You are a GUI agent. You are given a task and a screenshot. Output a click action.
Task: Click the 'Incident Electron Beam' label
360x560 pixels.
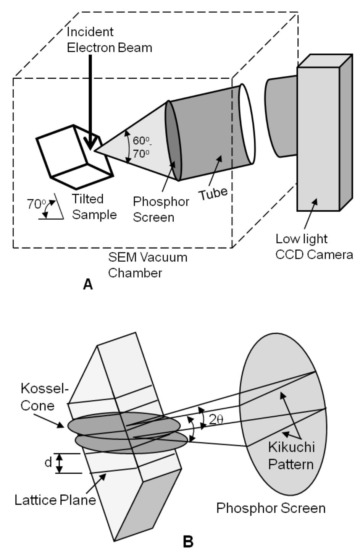click(x=109, y=40)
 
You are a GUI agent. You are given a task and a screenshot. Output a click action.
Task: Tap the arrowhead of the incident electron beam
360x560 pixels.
click(x=90, y=144)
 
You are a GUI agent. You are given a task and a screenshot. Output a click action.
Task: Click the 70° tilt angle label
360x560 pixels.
click(x=36, y=204)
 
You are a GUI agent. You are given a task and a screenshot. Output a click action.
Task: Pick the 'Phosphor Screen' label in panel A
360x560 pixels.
click(x=161, y=209)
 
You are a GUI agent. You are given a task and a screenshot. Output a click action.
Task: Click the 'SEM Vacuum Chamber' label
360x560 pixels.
click(x=147, y=265)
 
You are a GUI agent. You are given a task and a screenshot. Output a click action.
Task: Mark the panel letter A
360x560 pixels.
click(x=88, y=284)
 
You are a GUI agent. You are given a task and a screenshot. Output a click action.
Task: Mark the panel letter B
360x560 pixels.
click(x=188, y=541)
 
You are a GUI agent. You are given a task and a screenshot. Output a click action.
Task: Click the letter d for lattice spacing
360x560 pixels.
click(x=48, y=463)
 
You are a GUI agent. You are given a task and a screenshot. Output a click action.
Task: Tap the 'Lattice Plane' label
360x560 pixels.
click(x=55, y=500)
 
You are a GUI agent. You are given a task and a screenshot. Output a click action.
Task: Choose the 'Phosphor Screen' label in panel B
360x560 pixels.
click(x=271, y=508)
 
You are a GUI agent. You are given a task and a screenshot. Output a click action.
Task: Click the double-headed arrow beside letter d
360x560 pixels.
click(x=59, y=463)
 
